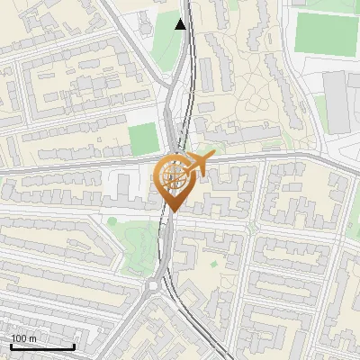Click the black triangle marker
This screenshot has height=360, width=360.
point(182,24)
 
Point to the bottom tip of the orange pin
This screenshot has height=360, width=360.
point(171,212)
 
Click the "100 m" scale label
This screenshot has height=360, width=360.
point(23,338)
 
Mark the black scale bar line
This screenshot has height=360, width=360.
point(42,346)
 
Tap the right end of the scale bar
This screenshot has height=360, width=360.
point(74,346)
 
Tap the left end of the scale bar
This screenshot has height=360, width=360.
point(11,346)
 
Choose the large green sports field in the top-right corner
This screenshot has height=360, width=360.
point(326,32)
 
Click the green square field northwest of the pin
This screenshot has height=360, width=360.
point(142,139)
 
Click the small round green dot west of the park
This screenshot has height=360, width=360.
point(112,220)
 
